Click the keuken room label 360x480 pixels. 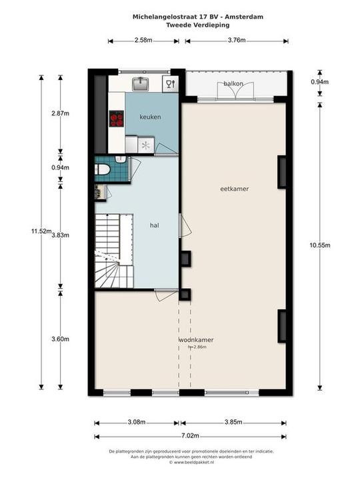point(150,117)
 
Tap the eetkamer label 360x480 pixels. point(235,189)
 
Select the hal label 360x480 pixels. point(154,225)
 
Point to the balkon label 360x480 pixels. point(233,83)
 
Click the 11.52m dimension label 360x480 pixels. point(41,231)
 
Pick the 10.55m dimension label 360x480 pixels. point(320,245)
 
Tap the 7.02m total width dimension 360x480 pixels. point(190,435)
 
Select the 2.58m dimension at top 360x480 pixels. point(143,40)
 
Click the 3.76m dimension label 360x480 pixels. point(237,40)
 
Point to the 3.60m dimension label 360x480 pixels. point(60,339)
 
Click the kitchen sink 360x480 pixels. point(141,83)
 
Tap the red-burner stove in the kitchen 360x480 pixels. point(117,119)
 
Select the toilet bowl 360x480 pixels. point(101,169)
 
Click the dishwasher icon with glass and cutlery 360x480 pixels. point(170,83)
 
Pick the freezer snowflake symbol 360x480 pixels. point(146,146)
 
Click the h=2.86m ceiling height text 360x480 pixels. point(197,347)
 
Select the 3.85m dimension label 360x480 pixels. point(233,422)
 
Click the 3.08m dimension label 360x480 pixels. point(136,422)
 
